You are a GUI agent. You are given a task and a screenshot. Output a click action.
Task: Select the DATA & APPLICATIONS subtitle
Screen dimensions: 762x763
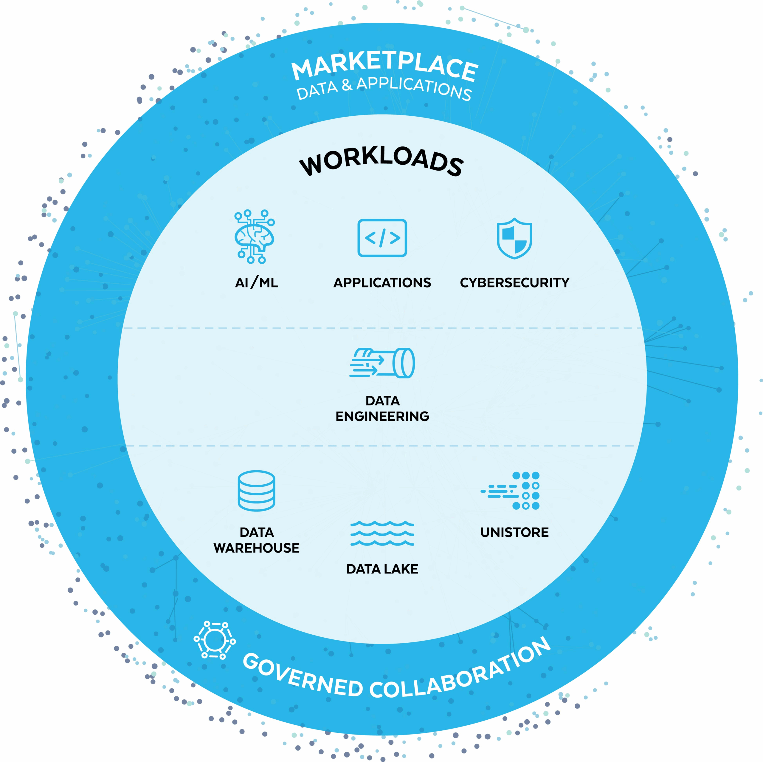[384, 89]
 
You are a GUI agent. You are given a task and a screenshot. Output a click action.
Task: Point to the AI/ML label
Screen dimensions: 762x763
[256, 283]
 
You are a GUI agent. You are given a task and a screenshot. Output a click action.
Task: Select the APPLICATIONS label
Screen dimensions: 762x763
[382, 283]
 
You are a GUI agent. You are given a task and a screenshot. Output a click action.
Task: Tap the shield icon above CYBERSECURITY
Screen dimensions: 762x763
[514, 238]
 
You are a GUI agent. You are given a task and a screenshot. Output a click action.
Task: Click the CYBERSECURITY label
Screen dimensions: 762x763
[515, 283]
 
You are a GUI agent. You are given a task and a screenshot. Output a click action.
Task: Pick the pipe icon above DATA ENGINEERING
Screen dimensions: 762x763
[382, 363]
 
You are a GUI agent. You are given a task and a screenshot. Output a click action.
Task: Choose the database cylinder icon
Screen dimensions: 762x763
[256, 491]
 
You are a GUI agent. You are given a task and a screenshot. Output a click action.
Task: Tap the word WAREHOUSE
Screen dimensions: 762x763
[256, 548]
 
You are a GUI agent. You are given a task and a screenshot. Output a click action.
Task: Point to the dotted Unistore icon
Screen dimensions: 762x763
[511, 491]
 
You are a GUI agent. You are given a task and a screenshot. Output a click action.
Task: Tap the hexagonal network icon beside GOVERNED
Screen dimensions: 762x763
[215, 640]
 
